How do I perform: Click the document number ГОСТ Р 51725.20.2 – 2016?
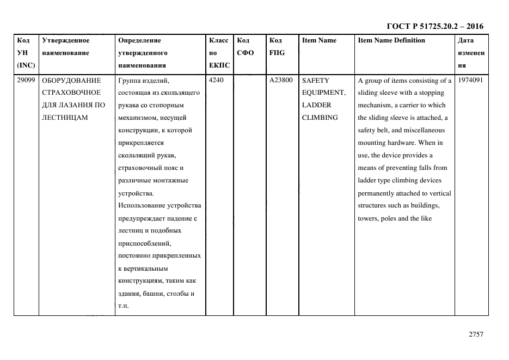coord(434,26)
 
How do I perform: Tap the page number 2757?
coord(476,334)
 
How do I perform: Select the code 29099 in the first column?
coord(26,80)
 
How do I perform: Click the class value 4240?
coord(217,80)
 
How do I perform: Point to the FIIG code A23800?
coord(281,80)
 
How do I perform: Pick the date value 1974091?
coord(471,80)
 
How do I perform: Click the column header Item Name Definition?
coord(391,40)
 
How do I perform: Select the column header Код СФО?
coord(246,46)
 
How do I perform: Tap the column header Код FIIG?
coord(277,46)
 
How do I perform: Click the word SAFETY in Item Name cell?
coord(316,80)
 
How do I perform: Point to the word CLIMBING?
coord(320,118)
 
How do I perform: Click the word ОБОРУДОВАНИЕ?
coord(71,80)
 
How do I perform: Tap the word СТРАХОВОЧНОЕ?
coord(71,93)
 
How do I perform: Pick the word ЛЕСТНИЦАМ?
coord(65,118)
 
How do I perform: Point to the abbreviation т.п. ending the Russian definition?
coord(123,306)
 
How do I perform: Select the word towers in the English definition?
coord(368,218)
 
